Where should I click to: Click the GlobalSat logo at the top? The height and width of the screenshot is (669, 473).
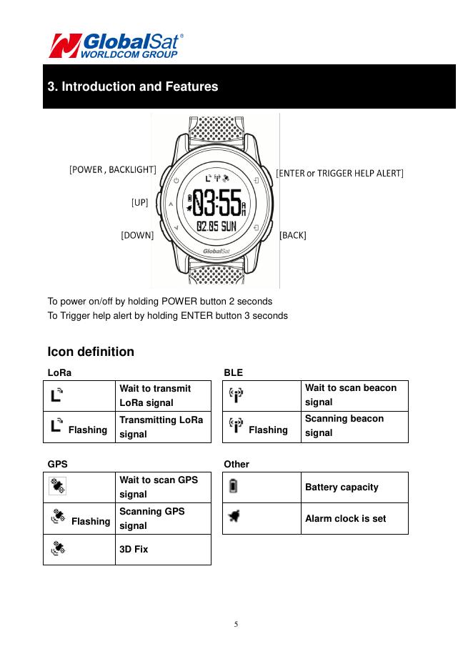click(114, 45)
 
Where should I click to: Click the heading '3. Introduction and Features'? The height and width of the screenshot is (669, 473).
click(133, 87)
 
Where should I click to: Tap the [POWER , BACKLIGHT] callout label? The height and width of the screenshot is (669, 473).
click(112, 169)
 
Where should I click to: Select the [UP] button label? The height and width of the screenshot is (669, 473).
click(139, 202)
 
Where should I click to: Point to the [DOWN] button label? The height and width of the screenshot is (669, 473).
click(137, 234)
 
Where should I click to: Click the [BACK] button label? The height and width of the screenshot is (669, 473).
click(293, 234)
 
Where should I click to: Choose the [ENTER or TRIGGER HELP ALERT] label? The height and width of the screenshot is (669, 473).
click(339, 173)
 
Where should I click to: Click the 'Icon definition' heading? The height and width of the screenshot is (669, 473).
click(91, 352)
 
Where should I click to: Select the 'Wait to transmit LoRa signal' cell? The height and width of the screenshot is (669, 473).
click(162, 396)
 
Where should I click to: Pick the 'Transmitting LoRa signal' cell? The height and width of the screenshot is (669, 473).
click(162, 427)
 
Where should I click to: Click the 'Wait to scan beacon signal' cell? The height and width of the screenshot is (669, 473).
click(354, 395)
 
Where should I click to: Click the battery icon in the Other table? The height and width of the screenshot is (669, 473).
click(234, 487)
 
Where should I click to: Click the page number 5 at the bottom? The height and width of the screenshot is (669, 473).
click(236, 624)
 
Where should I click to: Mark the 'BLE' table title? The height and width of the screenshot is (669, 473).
click(233, 372)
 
